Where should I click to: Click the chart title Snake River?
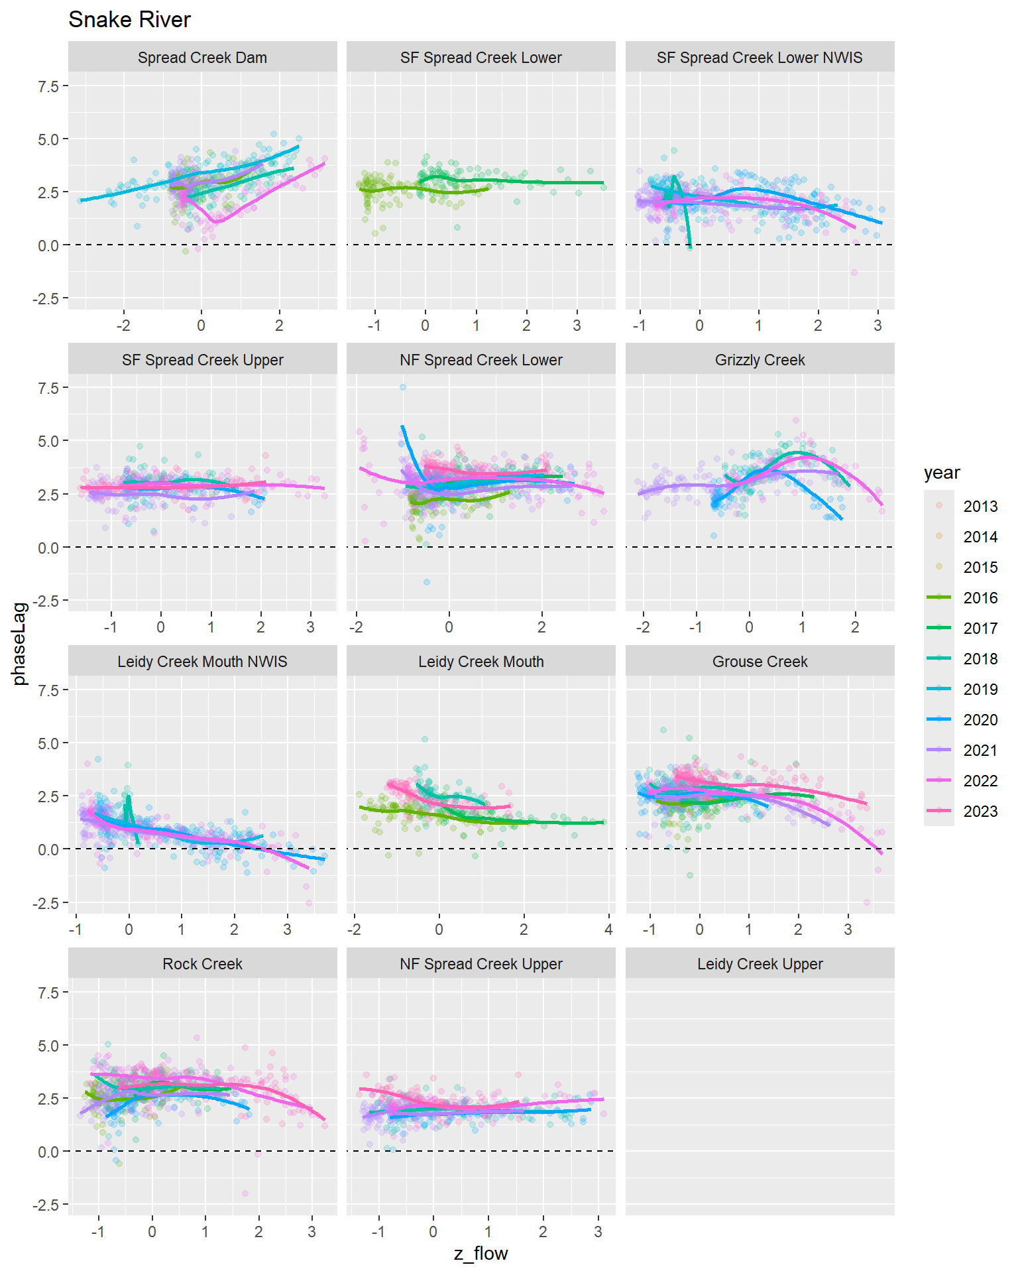pyautogui.click(x=129, y=20)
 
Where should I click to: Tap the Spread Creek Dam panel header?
pyautogui.click(x=202, y=58)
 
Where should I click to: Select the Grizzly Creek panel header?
pyautogui.click(x=760, y=360)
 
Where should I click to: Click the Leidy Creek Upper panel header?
pyautogui.click(x=760, y=964)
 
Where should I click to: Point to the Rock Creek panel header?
pyautogui.click(x=202, y=964)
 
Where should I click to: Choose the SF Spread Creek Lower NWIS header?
pyautogui.click(x=760, y=58)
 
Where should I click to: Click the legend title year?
pyautogui.click(x=941, y=473)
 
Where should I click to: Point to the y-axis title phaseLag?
pyautogui.click(x=20, y=643)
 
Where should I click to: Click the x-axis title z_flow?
pyautogui.click(x=481, y=1254)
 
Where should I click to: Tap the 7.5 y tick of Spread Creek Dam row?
pyautogui.click(x=48, y=86)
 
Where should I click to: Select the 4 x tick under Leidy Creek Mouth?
pyautogui.click(x=608, y=930)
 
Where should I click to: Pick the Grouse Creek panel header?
pyautogui.click(x=760, y=662)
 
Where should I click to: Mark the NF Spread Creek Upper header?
pyautogui.click(x=481, y=964)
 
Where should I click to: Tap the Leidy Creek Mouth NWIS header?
pyautogui.click(x=202, y=662)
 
